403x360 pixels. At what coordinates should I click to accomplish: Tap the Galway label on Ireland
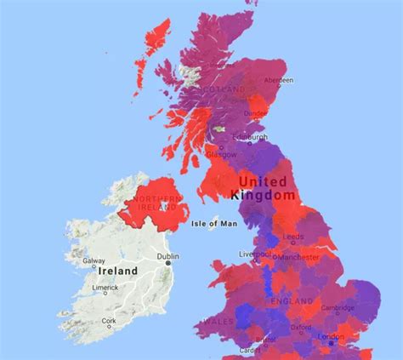(94, 261)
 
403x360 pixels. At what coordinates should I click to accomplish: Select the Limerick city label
(105, 288)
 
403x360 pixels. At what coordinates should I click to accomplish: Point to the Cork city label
(108, 321)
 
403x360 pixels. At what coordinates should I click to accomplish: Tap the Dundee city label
(256, 112)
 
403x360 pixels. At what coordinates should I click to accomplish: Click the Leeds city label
(294, 237)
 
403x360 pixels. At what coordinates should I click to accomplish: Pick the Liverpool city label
(254, 254)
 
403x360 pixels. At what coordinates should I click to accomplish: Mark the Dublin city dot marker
(169, 264)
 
